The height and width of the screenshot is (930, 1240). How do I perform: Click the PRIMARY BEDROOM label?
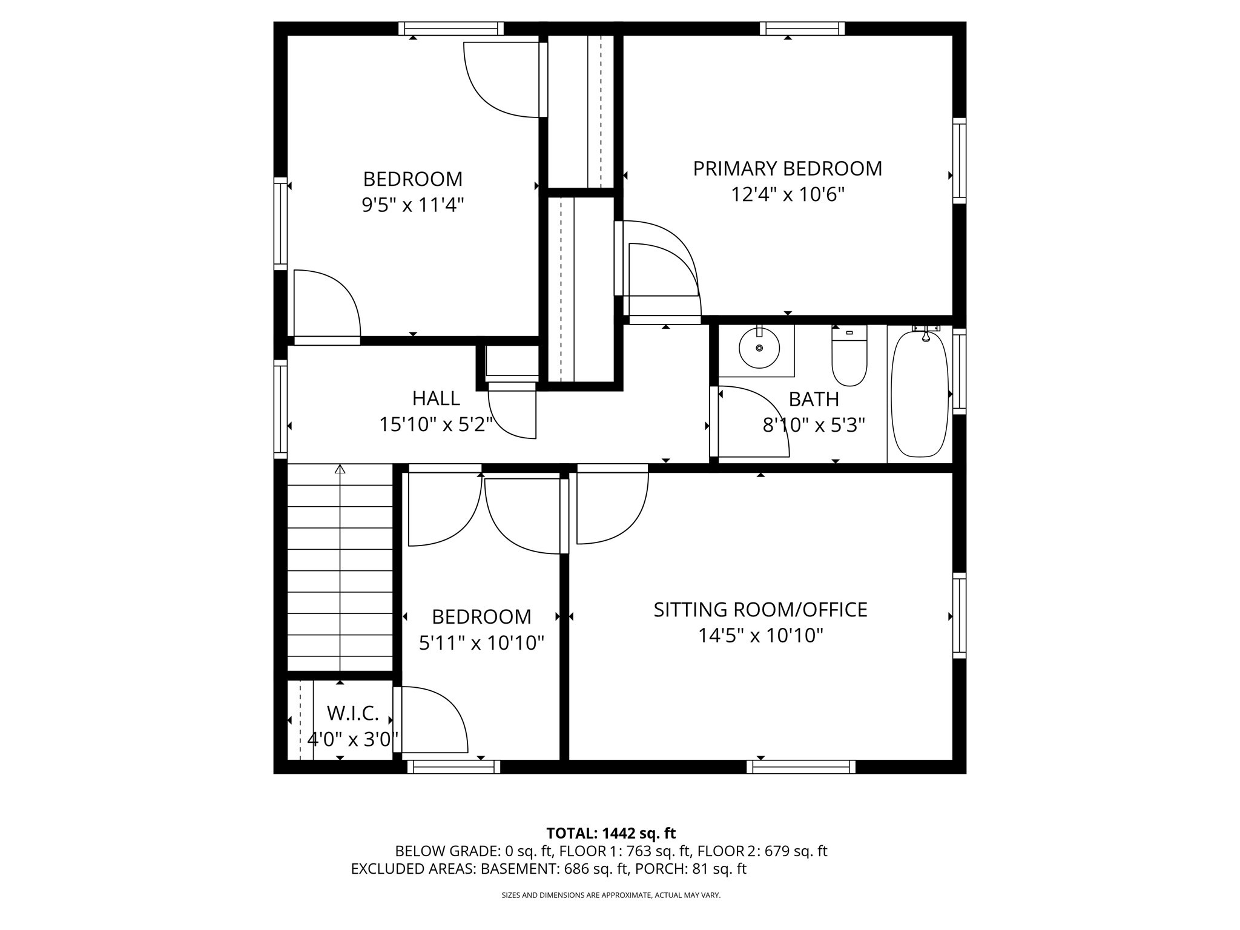click(x=787, y=168)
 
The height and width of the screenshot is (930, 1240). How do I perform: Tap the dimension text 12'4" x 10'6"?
click(x=787, y=195)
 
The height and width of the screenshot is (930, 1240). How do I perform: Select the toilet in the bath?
click(x=849, y=357)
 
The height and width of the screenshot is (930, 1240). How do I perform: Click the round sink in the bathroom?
click(x=759, y=348)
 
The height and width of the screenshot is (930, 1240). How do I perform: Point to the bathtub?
click(x=920, y=394)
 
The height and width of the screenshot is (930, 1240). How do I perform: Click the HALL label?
click(x=436, y=398)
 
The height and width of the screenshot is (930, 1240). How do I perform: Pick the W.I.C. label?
click(x=352, y=714)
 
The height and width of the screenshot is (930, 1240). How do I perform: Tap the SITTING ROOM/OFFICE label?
click(x=760, y=610)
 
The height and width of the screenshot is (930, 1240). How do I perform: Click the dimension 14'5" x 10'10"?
click(x=760, y=636)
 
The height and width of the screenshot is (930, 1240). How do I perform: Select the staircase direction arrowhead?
click(x=340, y=469)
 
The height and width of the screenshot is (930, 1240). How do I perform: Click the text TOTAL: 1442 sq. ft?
click(x=611, y=833)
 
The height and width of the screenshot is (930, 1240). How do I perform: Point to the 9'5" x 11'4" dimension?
click(x=413, y=205)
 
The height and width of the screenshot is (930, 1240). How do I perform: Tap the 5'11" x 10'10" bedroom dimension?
click(x=481, y=643)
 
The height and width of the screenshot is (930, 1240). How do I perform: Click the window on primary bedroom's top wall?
click(x=802, y=28)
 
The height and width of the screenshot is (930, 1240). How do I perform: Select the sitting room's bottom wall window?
click(x=800, y=767)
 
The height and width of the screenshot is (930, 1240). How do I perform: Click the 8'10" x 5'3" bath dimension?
click(x=814, y=426)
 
